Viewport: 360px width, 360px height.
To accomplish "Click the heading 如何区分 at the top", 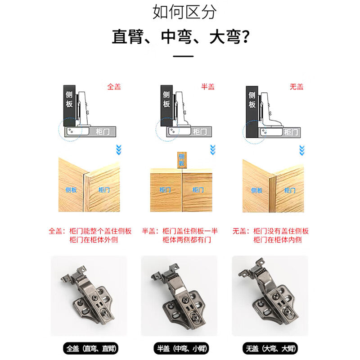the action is [184, 12].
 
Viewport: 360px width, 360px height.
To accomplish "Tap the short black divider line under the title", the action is [183, 56].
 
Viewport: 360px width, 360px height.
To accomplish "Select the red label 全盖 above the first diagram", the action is [114, 87].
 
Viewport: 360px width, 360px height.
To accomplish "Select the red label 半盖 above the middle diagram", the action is [208, 87].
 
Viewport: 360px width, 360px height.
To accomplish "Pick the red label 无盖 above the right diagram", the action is [297, 87].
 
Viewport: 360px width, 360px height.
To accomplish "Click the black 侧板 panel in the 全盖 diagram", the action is [69, 106].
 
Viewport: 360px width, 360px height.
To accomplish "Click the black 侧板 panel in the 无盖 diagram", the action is [252, 112].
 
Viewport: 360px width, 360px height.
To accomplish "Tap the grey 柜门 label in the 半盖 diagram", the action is [199, 132].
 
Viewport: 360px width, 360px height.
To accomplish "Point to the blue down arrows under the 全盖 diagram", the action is [119, 150].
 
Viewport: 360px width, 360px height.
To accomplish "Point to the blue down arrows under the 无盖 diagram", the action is [302, 150].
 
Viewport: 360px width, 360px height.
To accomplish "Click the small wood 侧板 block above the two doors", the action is [182, 160].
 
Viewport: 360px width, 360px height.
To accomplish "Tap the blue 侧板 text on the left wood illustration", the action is [71, 190].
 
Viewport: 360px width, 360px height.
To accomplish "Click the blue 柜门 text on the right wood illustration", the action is [290, 190].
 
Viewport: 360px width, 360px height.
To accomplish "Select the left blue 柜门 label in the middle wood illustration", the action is [165, 190].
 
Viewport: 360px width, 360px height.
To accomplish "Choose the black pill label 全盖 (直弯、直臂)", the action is [91, 348].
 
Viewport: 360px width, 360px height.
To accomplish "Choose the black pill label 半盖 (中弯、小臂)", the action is [181, 348].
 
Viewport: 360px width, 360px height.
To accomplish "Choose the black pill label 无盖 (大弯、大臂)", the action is [270, 348].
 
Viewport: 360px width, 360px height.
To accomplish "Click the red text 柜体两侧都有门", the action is [187, 240].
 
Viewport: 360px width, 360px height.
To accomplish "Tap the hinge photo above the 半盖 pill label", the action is [179, 296].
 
